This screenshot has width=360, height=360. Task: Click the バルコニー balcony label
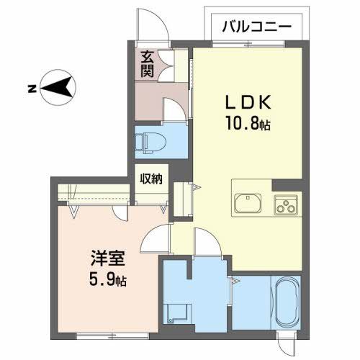(x=256, y=27)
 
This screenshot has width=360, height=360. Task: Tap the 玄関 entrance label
(x=147, y=64)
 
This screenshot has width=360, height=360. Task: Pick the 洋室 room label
(x=104, y=257)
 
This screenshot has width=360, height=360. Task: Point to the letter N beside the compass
(x=31, y=89)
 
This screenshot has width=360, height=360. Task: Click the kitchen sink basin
(x=249, y=202)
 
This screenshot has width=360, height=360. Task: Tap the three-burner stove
(x=287, y=204)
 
